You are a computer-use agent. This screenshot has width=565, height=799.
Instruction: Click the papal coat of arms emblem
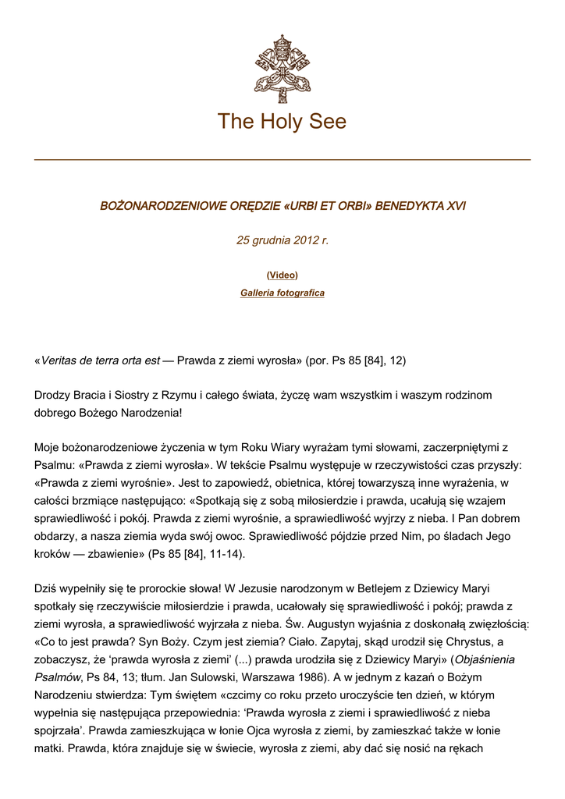click(x=282, y=69)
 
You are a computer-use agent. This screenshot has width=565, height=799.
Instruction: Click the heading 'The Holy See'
click(x=282, y=122)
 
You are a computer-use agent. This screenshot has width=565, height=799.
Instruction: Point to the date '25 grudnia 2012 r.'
click(x=282, y=240)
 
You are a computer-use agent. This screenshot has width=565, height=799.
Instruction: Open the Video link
click(x=282, y=275)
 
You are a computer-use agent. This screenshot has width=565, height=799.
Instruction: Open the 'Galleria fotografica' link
click(x=282, y=293)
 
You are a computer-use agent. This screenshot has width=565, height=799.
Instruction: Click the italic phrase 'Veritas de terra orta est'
click(x=99, y=360)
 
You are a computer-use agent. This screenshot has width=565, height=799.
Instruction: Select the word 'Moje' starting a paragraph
click(x=48, y=448)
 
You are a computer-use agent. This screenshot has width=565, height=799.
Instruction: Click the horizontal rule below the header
click(x=282, y=160)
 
